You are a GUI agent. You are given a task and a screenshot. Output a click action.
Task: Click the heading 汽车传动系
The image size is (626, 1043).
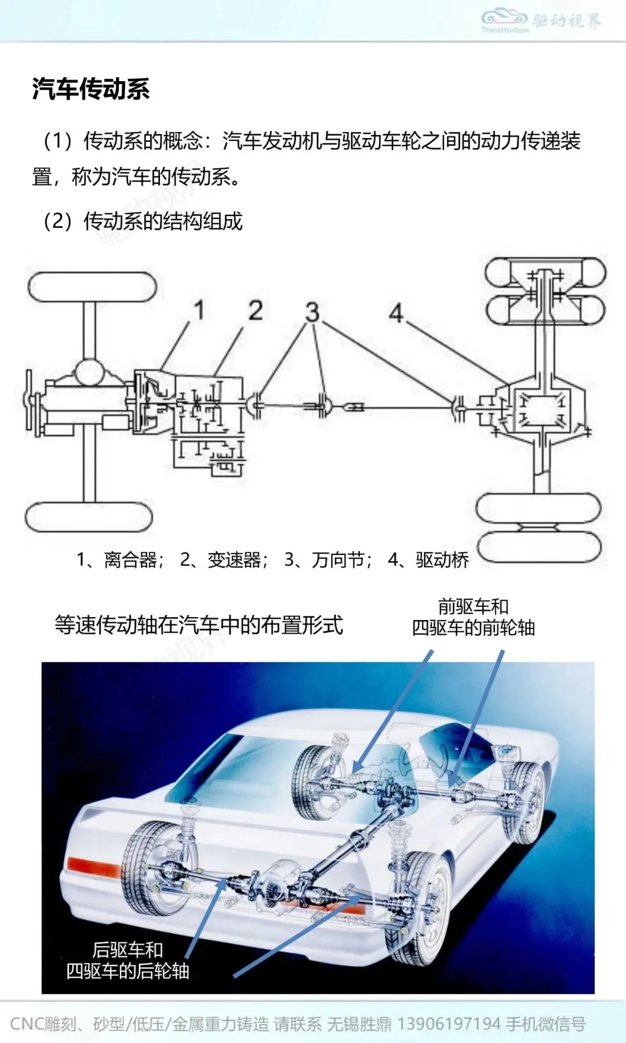click(x=91, y=89)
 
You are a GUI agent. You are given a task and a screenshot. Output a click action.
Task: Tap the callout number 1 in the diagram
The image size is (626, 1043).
click(x=199, y=310)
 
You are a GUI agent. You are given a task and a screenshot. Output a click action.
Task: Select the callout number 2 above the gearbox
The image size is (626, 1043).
click(x=256, y=311)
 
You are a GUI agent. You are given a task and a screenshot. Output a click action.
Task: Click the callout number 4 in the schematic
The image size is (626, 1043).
click(x=396, y=313)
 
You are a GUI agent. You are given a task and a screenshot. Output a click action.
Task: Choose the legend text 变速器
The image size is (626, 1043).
click(x=234, y=560)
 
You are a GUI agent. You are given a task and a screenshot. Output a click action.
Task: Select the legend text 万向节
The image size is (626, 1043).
click(x=338, y=560)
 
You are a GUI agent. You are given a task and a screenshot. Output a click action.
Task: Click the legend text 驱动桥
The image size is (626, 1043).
click(x=442, y=560)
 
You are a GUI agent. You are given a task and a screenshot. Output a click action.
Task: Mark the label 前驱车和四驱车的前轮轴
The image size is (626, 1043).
click(x=473, y=617)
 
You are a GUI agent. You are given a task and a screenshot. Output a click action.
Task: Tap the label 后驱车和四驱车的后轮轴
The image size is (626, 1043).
click(x=128, y=960)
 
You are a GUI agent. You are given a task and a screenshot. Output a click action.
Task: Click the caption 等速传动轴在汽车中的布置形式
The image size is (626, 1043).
click(x=199, y=625)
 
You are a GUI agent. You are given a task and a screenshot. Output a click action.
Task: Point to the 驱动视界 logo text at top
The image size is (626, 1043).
click(x=566, y=21)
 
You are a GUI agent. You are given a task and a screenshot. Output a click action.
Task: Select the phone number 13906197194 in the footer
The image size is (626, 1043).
click(x=449, y=1024)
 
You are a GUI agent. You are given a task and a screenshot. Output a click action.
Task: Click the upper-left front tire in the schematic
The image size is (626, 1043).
click(x=92, y=287)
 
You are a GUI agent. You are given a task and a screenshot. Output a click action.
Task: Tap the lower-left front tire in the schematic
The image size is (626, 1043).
click(x=89, y=517)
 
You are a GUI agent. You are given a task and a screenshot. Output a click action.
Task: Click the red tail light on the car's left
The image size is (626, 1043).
click(x=93, y=866)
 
